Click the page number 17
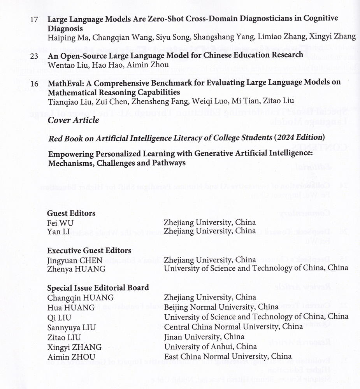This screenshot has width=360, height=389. click(x=34, y=19)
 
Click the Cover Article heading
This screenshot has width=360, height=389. click(x=73, y=120)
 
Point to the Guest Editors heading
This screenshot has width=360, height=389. click(x=71, y=213)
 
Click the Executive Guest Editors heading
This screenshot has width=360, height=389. click(x=89, y=251)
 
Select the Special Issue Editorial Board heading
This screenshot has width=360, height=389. click(x=98, y=288)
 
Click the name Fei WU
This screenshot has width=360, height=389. click(x=60, y=223)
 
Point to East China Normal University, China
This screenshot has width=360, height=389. click(x=228, y=356)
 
